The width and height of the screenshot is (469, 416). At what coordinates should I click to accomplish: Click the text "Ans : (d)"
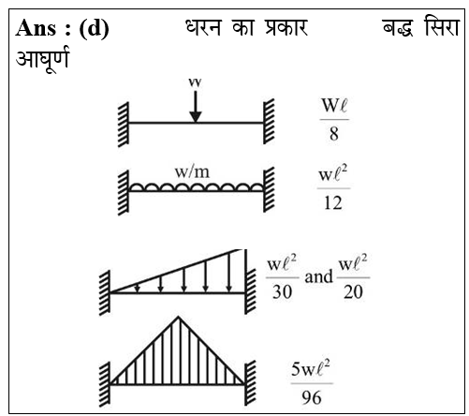coord(62,28)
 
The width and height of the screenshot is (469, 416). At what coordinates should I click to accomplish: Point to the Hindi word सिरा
coord(442,26)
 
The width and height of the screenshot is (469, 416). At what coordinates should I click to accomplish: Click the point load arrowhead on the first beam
coord(196,117)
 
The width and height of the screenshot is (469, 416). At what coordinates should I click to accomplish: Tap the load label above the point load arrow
coord(195,82)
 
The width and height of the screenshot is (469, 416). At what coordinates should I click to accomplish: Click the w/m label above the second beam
coord(192,172)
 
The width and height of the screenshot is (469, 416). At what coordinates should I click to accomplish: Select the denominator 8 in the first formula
coord(334,134)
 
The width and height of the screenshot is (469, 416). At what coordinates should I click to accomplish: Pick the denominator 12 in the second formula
coord(333,203)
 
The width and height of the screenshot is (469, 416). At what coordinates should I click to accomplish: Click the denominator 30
coord(282,292)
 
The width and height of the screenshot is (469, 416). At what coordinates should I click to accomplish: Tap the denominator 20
coord(353,292)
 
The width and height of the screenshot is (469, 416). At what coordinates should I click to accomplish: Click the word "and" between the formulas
coord(318,277)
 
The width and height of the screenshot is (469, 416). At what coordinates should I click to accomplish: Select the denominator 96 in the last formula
coord(312,398)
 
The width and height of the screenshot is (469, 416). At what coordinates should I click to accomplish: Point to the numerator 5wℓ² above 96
coord(311,368)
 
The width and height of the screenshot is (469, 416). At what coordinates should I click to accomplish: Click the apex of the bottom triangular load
coord(178,317)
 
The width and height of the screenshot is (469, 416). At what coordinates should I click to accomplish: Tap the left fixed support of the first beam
coord(124,124)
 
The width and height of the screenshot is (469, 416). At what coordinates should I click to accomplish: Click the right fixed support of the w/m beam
coord(269,189)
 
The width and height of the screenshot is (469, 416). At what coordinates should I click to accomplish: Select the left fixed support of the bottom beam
coord(105,384)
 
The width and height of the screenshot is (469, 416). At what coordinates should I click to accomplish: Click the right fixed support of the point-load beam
coord(269,121)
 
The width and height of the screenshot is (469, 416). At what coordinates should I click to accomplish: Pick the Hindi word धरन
coord(204,27)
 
